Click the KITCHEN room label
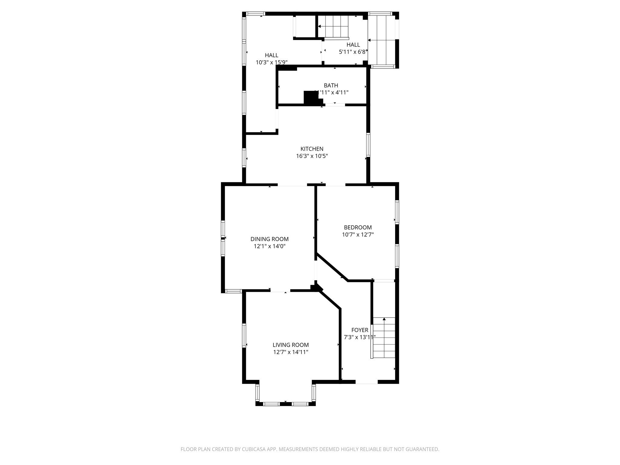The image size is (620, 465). tap(312, 149)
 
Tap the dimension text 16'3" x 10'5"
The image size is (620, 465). tap(312, 156)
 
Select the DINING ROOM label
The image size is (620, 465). tap(269, 239)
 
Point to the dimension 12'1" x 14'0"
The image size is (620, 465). tap(269, 246)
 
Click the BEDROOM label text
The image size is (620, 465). tap(358, 227)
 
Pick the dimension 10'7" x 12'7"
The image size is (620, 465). tap(358, 235)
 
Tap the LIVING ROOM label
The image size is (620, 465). tap(291, 345)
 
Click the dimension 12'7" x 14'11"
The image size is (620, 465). tap(291, 352)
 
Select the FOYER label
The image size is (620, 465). tap(360, 330)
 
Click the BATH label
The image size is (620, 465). tap(331, 85)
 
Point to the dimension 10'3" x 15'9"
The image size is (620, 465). tap(272, 63)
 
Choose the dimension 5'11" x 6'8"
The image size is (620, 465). tap(353, 52)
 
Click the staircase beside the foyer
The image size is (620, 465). tap(384, 338)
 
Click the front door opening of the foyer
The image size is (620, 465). tap(367, 382)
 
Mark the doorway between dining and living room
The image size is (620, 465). tap(280, 291)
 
